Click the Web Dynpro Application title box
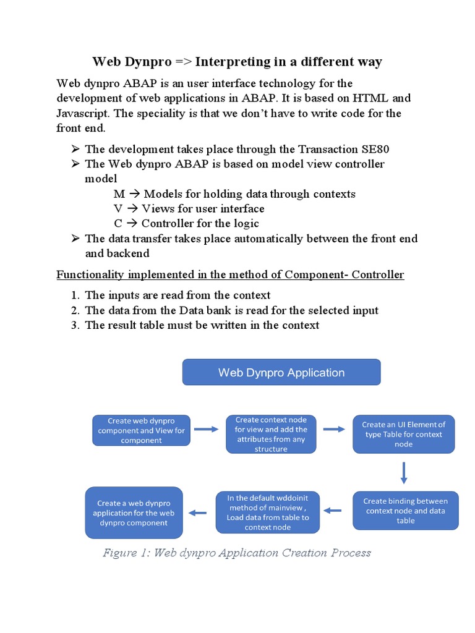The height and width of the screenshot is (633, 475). pyautogui.click(x=281, y=372)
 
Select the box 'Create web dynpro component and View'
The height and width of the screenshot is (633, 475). pyautogui.click(x=141, y=431)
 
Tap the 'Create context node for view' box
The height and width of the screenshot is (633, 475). pyautogui.click(x=271, y=434)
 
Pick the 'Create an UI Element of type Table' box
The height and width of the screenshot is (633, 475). pyautogui.click(x=403, y=434)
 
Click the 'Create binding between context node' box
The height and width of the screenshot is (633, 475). pyautogui.click(x=406, y=511)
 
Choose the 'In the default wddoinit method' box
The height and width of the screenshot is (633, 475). pyautogui.click(x=267, y=512)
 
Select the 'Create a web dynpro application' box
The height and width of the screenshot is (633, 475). pyautogui.click(x=134, y=513)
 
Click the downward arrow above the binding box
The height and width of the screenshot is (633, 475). pyautogui.click(x=404, y=473)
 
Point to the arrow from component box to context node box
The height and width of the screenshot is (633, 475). pyautogui.click(x=206, y=429)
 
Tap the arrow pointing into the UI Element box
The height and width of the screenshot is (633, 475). pyautogui.click(x=334, y=429)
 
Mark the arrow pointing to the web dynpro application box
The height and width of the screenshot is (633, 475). pyautogui.click(x=197, y=512)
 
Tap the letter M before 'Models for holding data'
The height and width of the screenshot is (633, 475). pyautogui.click(x=119, y=194)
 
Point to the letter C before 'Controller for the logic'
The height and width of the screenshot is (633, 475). pyautogui.click(x=118, y=224)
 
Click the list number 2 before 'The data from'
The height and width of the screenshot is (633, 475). pyautogui.click(x=74, y=310)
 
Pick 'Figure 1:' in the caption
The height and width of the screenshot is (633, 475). pyautogui.click(x=126, y=553)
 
